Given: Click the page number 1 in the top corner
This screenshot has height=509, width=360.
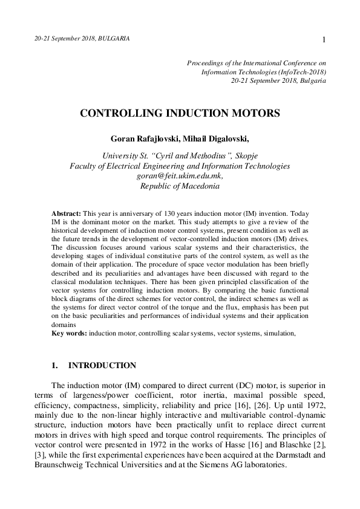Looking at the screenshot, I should click(x=325, y=40).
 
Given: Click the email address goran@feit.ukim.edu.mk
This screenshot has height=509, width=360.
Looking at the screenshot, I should click(x=180, y=175).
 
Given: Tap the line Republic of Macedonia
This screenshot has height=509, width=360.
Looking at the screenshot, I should click(x=180, y=186).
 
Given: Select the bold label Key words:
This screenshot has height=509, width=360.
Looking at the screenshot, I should click(x=70, y=332).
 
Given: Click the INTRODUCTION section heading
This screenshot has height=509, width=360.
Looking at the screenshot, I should click(x=102, y=366).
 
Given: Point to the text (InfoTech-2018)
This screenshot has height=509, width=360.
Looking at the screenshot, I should click(x=299, y=71).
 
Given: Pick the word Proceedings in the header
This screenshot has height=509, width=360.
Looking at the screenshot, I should click(x=206, y=62).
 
